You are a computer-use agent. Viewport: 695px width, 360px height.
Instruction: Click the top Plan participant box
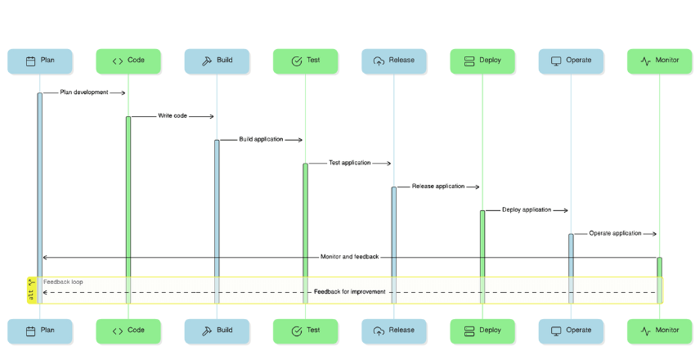[x=39, y=61]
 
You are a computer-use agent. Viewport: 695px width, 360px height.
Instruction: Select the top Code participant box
[x=128, y=61]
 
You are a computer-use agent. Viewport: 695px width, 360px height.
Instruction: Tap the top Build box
[x=217, y=61]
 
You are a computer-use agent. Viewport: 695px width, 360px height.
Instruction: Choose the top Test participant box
[x=305, y=61]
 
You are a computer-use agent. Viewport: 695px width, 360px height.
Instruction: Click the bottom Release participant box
[x=393, y=331]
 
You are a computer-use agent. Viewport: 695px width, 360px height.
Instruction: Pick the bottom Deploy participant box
[x=482, y=331]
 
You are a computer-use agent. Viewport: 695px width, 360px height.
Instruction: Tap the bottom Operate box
[x=571, y=331]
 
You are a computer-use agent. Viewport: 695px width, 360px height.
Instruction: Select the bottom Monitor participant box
[x=659, y=331]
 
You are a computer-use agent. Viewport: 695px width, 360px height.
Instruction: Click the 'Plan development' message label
[x=84, y=92]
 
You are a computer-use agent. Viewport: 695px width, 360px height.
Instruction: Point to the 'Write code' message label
[x=173, y=116]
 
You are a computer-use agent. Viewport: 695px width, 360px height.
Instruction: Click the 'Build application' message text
[x=261, y=140]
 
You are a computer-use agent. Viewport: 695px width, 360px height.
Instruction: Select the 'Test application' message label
[x=349, y=163]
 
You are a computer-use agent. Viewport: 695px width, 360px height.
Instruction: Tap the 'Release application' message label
[x=438, y=187]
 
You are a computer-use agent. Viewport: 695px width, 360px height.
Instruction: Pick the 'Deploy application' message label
[x=527, y=210]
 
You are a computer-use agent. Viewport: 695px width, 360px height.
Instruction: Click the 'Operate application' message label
[x=615, y=234]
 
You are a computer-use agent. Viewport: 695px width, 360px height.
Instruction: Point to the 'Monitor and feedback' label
[x=349, y=257]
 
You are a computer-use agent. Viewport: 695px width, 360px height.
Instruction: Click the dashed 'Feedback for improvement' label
[x=349, y=292]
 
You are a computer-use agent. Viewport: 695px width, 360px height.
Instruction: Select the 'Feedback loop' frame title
[x=63, y=281]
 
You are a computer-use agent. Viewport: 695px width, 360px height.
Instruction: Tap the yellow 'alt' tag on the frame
[x=32, y=290]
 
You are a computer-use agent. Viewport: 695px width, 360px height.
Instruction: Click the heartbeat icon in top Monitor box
[x=645, y=61]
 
